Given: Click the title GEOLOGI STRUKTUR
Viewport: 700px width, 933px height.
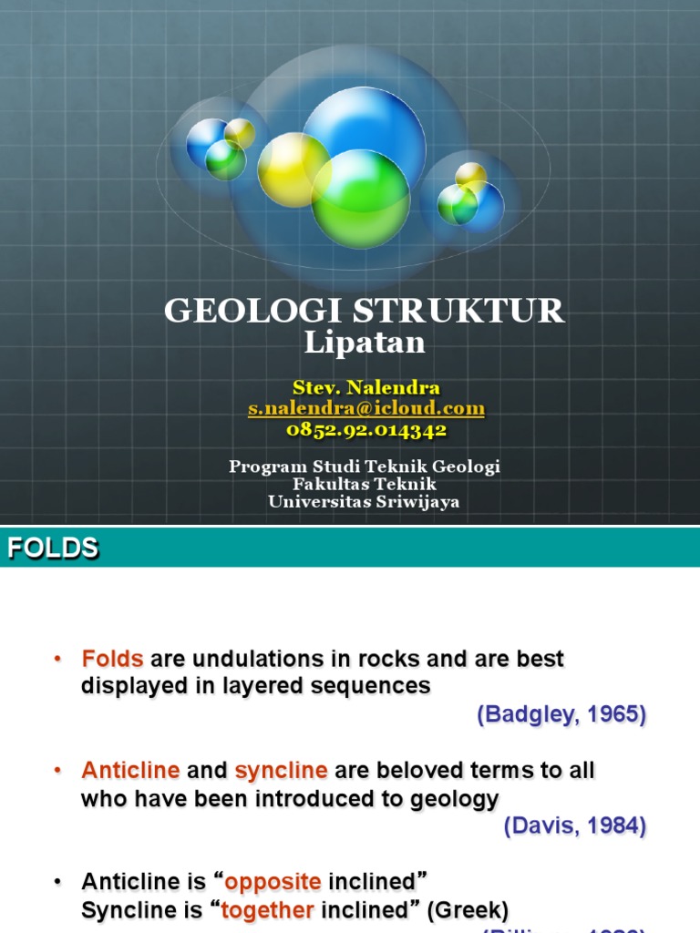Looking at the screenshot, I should (x=365, y=312).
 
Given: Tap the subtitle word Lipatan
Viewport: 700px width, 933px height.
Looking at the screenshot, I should (x=365, y=343).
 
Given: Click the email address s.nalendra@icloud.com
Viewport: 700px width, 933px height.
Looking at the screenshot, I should (x=366, y=409).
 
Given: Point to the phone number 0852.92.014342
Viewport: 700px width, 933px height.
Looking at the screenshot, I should (x=366, y=429).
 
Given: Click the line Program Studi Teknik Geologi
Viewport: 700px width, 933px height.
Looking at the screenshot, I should (x=365, y=466).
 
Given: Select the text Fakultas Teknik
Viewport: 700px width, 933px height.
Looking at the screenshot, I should (x=365, y=484).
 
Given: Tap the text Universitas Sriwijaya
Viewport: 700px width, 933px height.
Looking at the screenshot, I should (x=365, y=501).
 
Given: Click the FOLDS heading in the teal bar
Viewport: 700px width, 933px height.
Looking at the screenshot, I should (x=53, y=548).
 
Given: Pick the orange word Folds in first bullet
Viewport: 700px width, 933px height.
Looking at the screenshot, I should (x=113, y=659).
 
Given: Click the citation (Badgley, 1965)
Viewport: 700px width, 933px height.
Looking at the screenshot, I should (x=561, y=715).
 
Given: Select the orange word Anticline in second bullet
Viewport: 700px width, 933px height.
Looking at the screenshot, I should (x=130, y=771).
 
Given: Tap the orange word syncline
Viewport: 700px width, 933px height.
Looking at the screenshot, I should (x=281, y=771).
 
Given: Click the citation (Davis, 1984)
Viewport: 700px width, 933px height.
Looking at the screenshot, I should (x=574, y=826).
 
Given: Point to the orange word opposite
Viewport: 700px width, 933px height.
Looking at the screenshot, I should (x=273, y=882).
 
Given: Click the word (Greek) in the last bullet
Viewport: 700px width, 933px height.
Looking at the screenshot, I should (x=467, y=910).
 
